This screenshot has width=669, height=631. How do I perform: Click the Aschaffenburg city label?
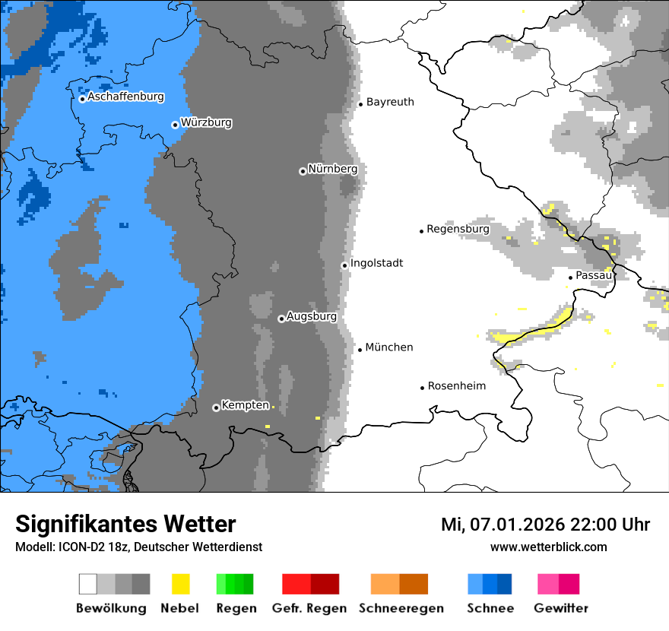coord(125,97)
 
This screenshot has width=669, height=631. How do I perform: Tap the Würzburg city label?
coord(206,123)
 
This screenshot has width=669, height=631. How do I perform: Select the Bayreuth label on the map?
coord(390,102)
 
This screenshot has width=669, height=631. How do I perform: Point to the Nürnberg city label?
coord(332,169)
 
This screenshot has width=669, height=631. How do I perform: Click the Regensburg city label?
coord(458,229)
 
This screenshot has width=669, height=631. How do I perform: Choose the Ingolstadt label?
coord(376,264)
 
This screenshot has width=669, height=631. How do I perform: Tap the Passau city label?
coord(593,275)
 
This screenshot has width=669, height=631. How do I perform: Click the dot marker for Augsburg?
coord(281,319)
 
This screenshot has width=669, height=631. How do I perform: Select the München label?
coord(389,347)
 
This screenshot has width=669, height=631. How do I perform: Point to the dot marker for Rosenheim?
coord(422,388)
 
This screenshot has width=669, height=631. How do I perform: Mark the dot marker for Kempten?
coord(216,407)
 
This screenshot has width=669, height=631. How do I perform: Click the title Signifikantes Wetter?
coord(125,525)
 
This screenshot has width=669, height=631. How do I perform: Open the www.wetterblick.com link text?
coord(548,547)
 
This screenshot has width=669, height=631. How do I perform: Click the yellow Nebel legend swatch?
coord(180,584)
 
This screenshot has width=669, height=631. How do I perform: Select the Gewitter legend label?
coord(560,608)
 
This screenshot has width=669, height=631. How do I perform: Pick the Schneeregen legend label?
coord(401,608)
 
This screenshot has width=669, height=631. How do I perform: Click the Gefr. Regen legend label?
coord(309,608)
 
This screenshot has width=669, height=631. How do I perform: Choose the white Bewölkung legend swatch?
coord(88,584)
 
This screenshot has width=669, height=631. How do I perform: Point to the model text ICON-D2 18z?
coord(91,547)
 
